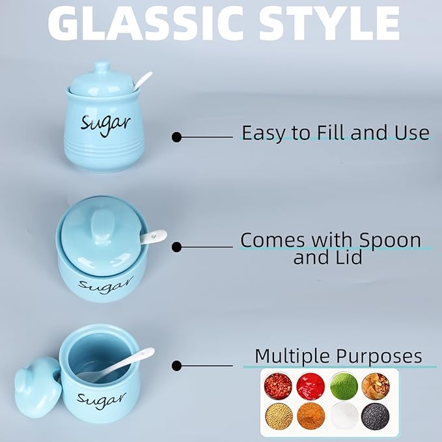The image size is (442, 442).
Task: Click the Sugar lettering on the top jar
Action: [x=105, y=123]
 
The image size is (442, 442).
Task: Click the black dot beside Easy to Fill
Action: [x=176, y=137]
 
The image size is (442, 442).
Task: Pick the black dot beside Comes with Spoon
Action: [x=176, y=247]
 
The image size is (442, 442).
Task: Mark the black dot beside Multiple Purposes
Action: [x=176, y=366]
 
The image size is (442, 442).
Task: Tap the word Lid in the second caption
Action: [x=348, y=257]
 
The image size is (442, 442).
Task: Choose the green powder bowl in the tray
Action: [x=342, y=386]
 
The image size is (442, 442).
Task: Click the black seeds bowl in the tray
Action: [x=376, y=414]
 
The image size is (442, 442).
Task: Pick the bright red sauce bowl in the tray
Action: [x=311, y=386]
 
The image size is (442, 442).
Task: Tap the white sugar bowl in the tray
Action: [x=343, y=415]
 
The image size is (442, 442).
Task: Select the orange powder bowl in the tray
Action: [x=311, y=415]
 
